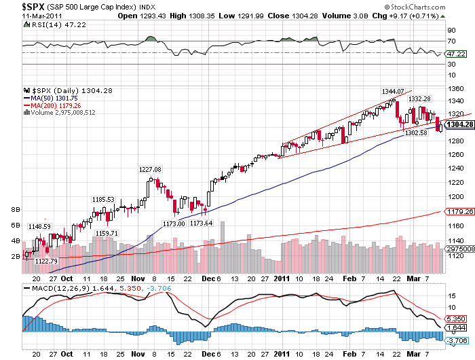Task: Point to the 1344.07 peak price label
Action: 392,91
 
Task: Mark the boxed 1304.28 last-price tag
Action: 459,123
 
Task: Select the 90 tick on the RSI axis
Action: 451,30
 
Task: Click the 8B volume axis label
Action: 16,210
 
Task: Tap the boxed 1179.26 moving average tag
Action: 459,212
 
